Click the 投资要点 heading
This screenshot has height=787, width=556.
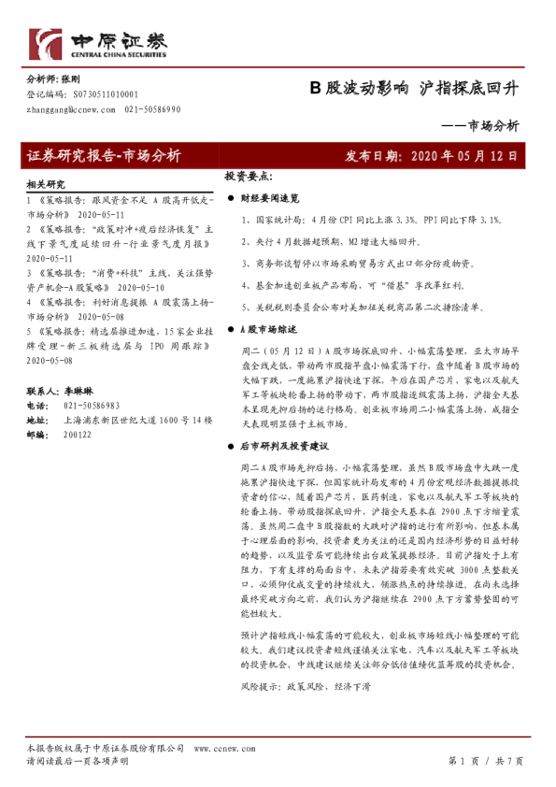[249, 176]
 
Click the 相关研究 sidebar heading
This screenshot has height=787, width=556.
[47, 185]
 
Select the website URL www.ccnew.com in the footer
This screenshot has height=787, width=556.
[222, 750]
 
